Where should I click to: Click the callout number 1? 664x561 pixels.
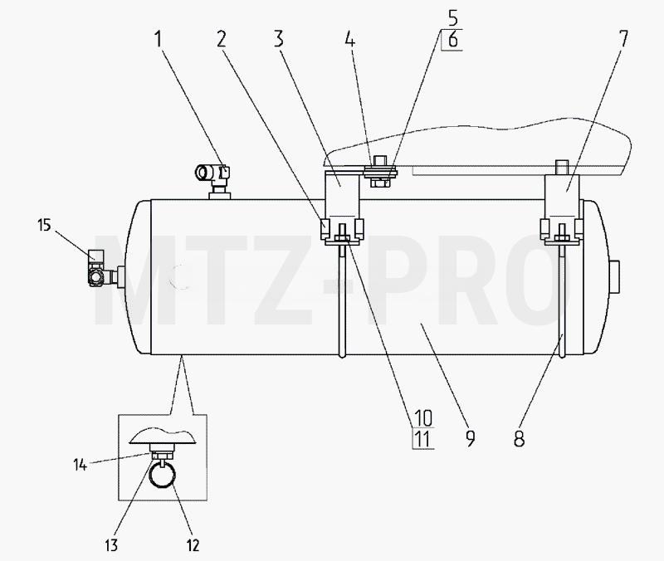coord(159,39)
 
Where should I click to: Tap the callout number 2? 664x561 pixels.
coord(222,39)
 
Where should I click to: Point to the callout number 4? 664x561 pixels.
coord(349,39)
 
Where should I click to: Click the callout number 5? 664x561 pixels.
coord(453,18)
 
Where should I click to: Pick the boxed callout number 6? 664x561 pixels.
coord(453,40)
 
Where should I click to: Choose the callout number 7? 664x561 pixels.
coord(622,39)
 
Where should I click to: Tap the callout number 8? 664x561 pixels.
coord(520,439)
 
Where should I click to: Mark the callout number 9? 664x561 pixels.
coord(470,439)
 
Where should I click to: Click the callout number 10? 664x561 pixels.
coord(422,418)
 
